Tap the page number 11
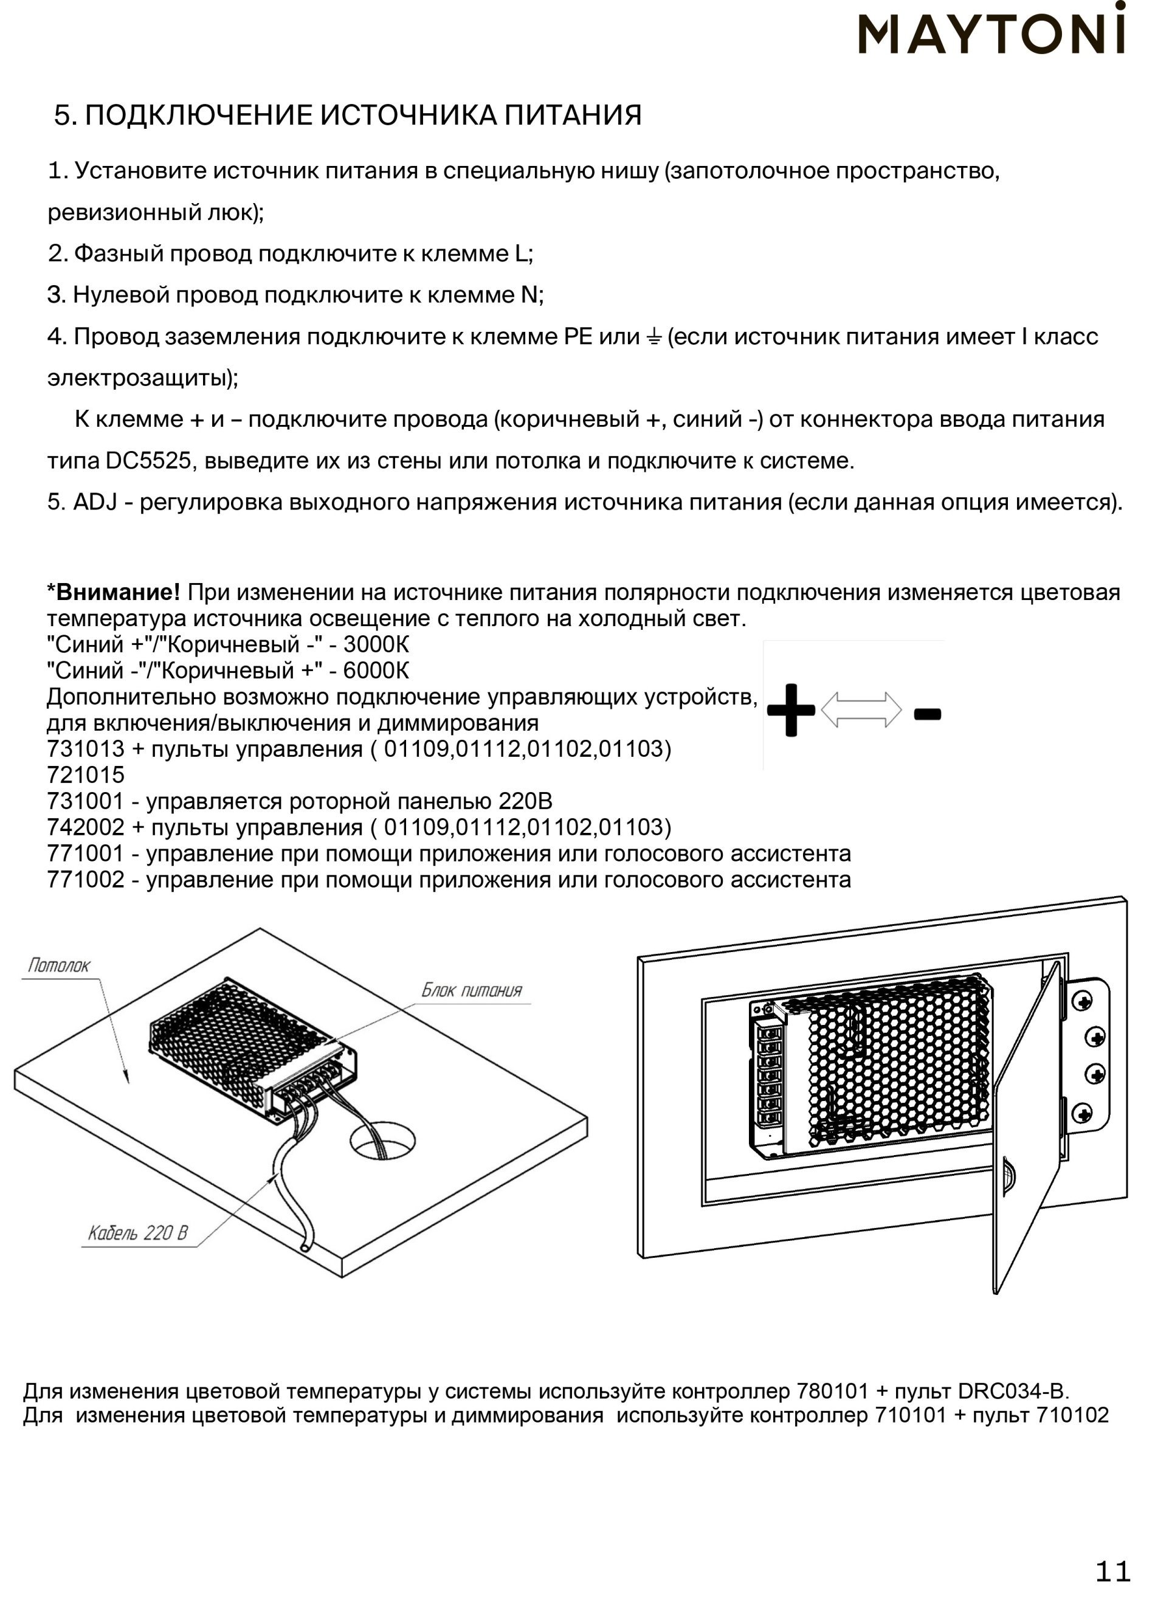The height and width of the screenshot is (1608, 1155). pyautogui.click(x=1113, y=1572)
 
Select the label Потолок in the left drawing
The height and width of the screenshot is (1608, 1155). pyautogui.click(x=59, y=965)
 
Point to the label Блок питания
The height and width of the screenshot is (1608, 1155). pyautogui.click(x=472, y=990)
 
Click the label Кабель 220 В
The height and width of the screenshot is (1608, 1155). pyautogui.click(x=137, y=1233)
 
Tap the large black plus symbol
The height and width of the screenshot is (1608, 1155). pyautogui.click(x=790, y=709)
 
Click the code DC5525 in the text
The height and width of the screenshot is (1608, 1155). pyautogui.click(x=148, y=461)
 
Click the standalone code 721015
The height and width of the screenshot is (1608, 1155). pyautogui.click(x=86, y=775)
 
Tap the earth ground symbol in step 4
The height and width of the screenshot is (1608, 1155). pyautogui.click(x=653, y=337)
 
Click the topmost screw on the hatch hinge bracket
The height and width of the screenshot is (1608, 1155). pyautogui.click(x=1083, y=1001)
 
